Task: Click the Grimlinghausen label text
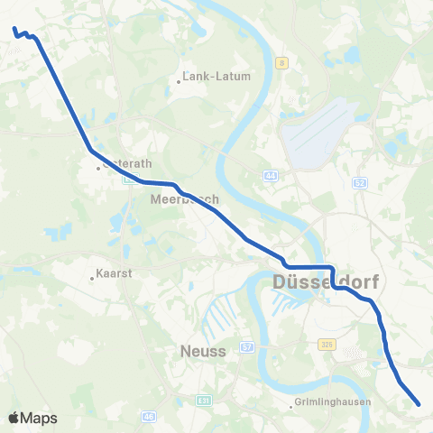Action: [x=332, y=403]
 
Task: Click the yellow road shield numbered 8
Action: [x=281, y=62]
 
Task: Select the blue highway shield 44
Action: [x=271, y=174]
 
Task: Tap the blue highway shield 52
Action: [x=359, y=183]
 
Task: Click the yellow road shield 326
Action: [x=327, y=344]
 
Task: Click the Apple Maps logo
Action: [x=32, y=418]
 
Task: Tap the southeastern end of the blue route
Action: [x=419, y=405]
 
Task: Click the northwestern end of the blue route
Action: [x=14, y=30]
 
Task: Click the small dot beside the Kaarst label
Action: [x=92, y=278]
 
